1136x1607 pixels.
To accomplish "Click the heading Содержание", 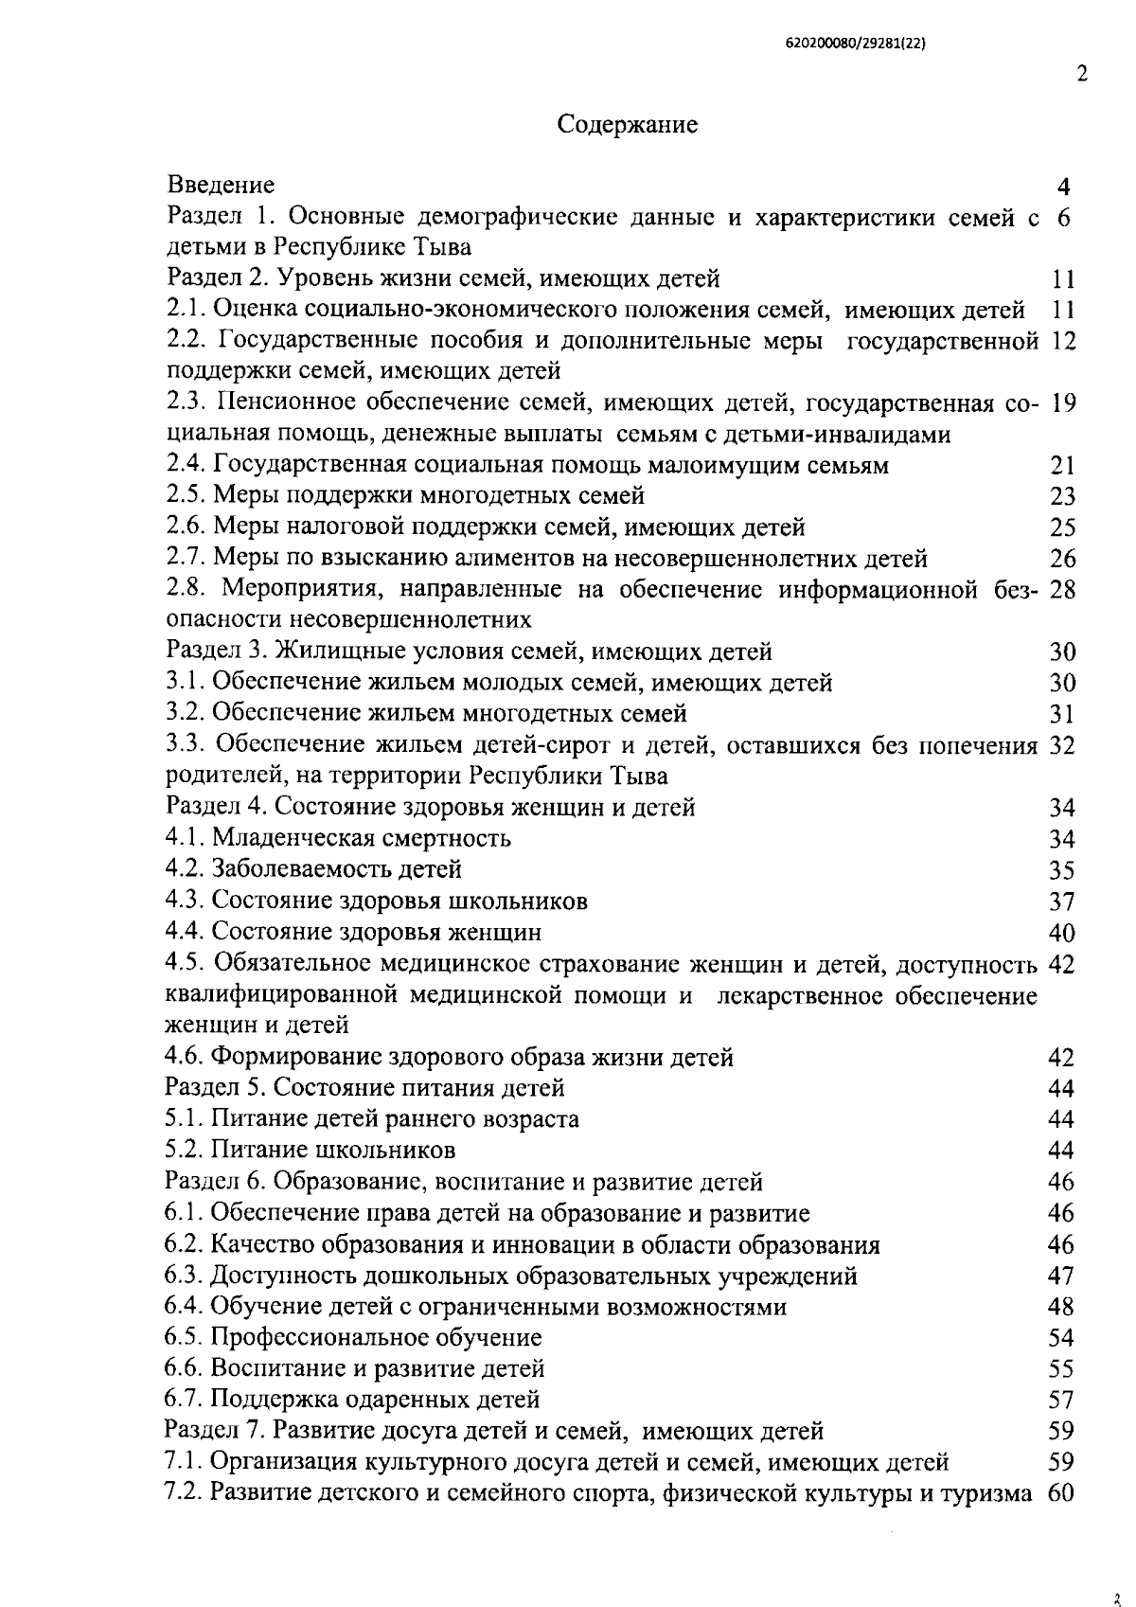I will (x=628, y=124).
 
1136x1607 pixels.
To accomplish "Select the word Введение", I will (x=221, y=184).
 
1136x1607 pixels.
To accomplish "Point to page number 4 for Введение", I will (x=1063, y=186).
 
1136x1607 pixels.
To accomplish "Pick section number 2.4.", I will (x=186, y=465).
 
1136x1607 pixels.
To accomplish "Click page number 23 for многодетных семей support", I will (x=1062, y=496).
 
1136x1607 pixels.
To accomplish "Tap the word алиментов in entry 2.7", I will (x=469, y=559).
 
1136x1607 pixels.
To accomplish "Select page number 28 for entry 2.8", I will (x=1063, y=590).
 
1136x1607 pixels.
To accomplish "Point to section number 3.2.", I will (x=185, y=713).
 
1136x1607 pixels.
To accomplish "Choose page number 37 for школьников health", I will (x=1062, y=901).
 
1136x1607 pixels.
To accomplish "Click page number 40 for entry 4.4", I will (x=1062, y=933).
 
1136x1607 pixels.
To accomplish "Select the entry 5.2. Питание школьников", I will (x=310, y=1150).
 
